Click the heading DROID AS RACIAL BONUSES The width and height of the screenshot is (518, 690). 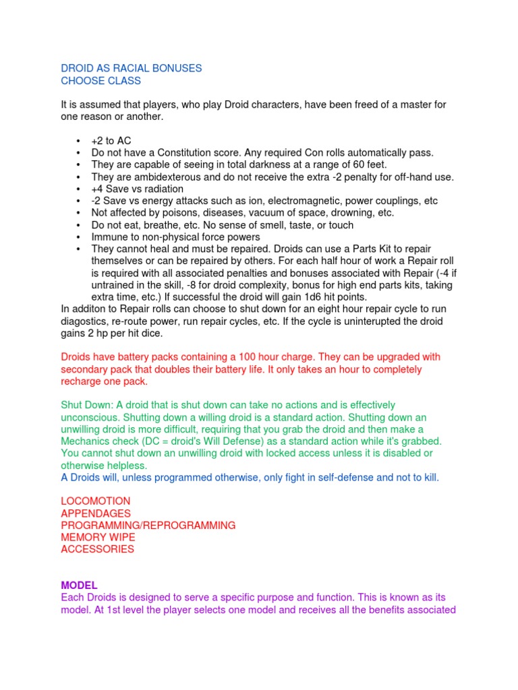coord(132,69)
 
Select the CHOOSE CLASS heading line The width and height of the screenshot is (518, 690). coord(101,81)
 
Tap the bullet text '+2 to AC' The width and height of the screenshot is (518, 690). coord(111,141)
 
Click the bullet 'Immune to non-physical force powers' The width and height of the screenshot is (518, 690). coord(175,237)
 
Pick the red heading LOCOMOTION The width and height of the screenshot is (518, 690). coord(96,501)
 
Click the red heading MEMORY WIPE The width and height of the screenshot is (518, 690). coord(98,537)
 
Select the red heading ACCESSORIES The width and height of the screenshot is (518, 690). coord(97,549)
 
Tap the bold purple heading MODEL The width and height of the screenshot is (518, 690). coord(79,586)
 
